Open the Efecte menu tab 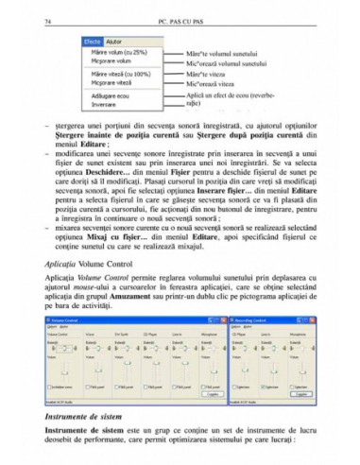[x=92, y=43]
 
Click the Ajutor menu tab [x=115, y=43]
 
